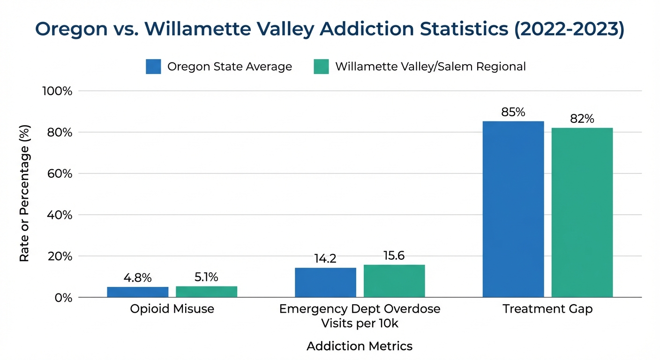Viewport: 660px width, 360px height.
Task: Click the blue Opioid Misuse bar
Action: click(x=137, y=292)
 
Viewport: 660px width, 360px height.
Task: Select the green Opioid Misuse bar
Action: click(x=206, y=292)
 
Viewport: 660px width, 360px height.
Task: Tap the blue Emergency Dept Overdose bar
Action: click(x=325, y=283)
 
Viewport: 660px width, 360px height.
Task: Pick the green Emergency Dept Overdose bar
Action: click(x=394, y=281)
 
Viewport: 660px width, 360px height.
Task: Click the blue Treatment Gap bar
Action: click(x=513, y=209)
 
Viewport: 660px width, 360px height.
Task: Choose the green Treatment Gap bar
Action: click(x=582, y=212)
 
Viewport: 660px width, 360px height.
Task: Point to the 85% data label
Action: click(x=513, y=112)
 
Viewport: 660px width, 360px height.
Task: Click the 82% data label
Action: click(x=582, y=119)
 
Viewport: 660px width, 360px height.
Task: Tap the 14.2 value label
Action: click(x=325, y=259)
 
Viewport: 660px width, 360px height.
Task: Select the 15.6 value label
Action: click(x=394, y=256)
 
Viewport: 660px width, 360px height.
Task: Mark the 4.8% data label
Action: click(x=137, y=278)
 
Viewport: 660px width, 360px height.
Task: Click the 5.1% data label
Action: click(x=206, y=277)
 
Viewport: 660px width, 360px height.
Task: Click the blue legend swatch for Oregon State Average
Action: click(x=153, y=67)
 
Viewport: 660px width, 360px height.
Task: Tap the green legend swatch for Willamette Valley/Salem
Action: click(x=321, y=67)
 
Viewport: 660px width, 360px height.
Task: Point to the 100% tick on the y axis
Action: click(x=57, y=91)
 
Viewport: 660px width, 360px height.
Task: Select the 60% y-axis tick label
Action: click(x=60, y=174)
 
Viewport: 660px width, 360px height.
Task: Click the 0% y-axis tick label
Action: click(x=63, y=298)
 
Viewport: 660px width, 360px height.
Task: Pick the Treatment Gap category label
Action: click(x=547, y=309)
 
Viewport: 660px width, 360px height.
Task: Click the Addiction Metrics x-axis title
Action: click(x=360, y=346)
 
